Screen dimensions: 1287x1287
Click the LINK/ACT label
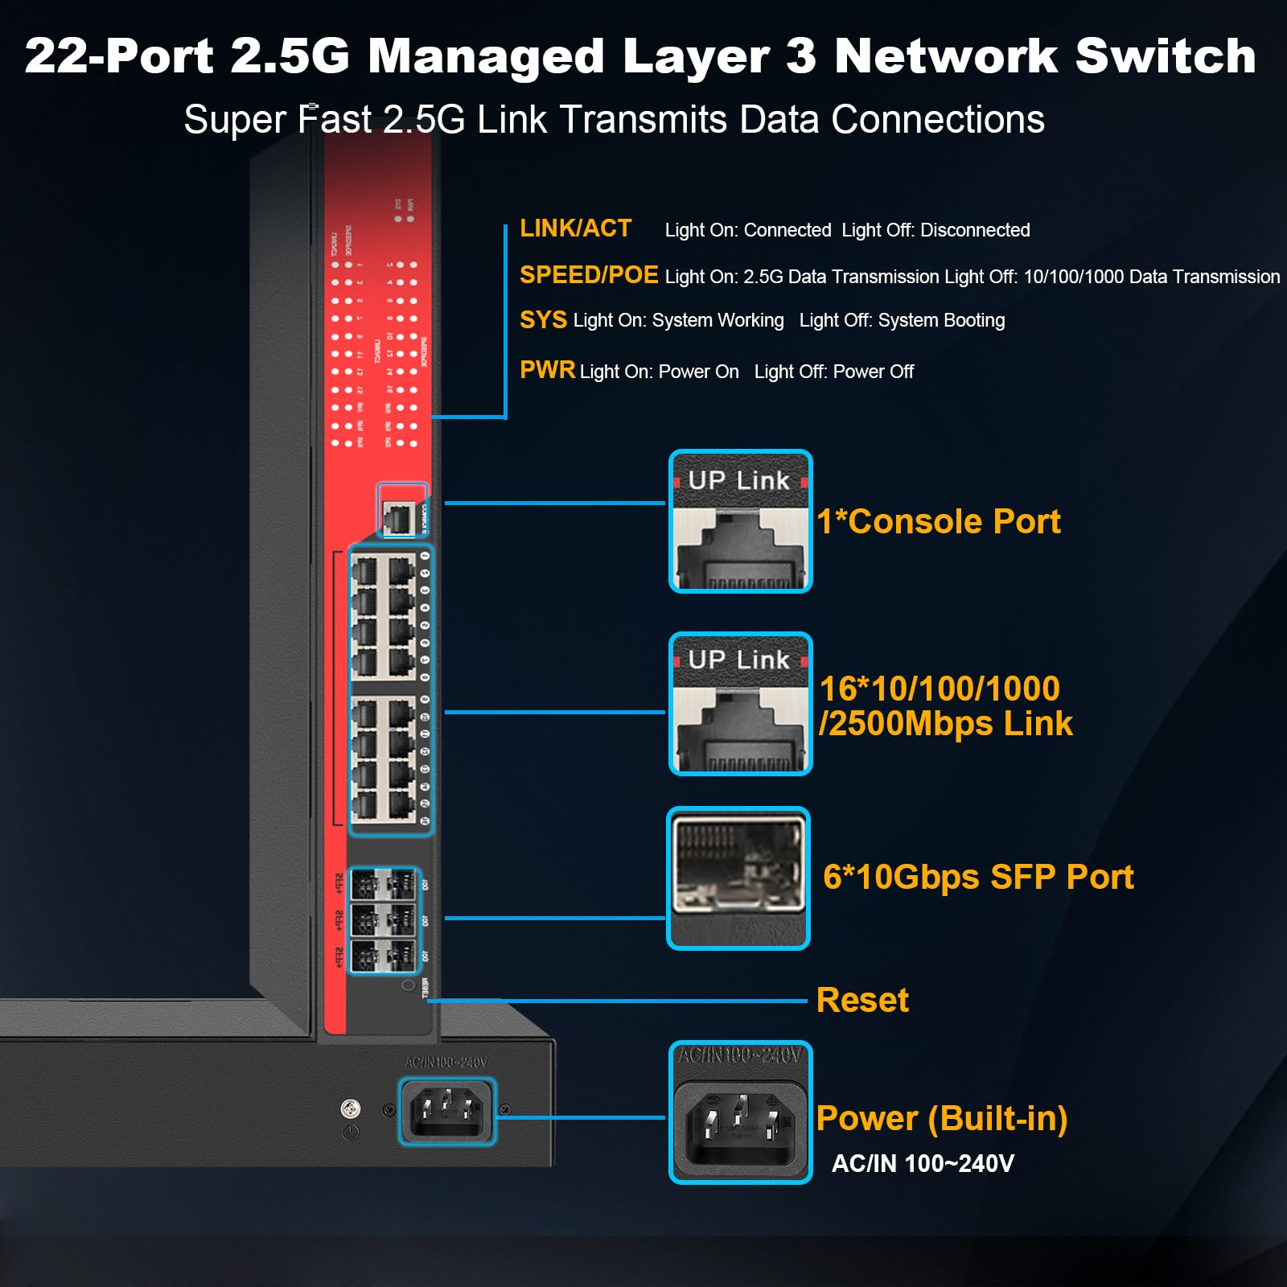tap(575, 228)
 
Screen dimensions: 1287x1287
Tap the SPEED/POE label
tap(588, 275)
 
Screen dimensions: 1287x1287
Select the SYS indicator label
tap(543, 320)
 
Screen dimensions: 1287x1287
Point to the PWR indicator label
tap(547, 370)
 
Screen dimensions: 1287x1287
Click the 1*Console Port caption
tap(938, 521)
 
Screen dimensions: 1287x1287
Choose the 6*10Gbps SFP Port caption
tap(977, 877)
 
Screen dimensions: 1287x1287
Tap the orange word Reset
tap(861, 1000)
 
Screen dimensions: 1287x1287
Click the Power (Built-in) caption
tap(941, 1118)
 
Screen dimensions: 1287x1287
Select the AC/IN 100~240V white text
tap(922, 1163)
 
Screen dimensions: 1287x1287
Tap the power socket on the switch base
tap(447, 1112)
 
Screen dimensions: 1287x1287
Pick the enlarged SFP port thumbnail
tap(738, 878)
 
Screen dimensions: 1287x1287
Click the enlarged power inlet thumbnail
tap(740, 1112)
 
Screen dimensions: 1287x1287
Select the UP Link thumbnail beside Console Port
tap(740, 521)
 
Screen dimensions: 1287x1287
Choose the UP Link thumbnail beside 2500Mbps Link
tap(740, 704)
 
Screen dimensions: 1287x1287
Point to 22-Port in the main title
tap(119, 56)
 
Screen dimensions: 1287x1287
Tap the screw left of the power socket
tap(351, 1108)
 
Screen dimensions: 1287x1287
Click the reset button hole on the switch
tap(409, 985)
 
